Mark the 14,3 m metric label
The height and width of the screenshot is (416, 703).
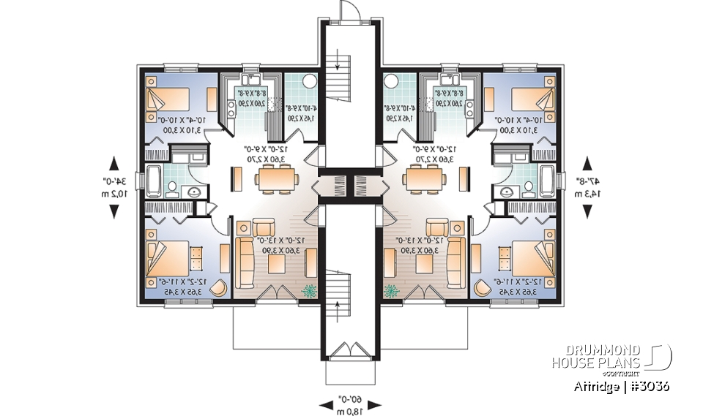pos(587,194)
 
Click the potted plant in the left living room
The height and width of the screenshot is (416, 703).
pos(310,290)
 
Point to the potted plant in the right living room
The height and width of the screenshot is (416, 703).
pos(392,290)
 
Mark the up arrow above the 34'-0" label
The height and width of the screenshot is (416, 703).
pos(114,162)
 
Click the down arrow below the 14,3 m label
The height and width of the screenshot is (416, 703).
pos(587,211)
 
